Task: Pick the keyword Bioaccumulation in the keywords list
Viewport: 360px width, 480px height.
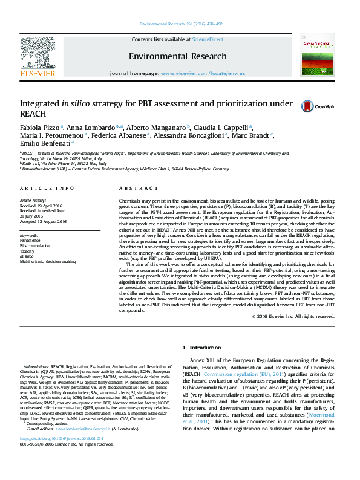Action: tap(36, 246)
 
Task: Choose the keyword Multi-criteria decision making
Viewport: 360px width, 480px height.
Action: tap(48, 262)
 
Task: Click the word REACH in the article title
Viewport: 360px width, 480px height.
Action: tap(31, 113)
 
